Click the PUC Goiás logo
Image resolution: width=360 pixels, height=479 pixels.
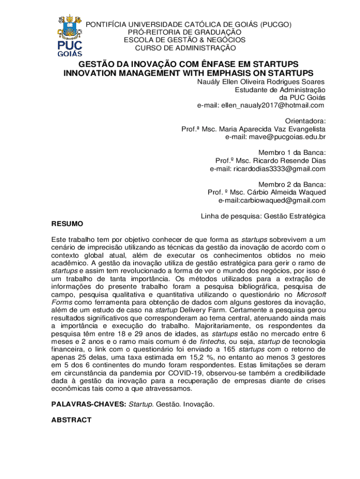[70, 35]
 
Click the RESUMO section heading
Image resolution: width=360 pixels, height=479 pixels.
[67, 224]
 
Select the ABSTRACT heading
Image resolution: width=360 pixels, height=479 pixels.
[71, 420]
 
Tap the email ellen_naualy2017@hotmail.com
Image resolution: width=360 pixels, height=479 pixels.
[260, 106]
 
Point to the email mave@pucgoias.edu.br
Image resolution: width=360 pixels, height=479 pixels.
[275, 137]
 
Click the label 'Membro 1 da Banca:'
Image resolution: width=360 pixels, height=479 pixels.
[292, 153]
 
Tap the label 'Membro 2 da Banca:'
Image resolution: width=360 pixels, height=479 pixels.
[292, 184]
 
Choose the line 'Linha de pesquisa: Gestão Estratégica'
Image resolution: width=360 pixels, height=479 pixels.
[263, 216]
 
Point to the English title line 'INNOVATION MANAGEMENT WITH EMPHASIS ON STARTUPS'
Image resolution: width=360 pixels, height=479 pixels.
[188, 73]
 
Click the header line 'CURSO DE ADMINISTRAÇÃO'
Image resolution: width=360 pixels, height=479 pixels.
[186, 48]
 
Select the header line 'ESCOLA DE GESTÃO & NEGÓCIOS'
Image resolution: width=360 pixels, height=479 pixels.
[185, 40]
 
